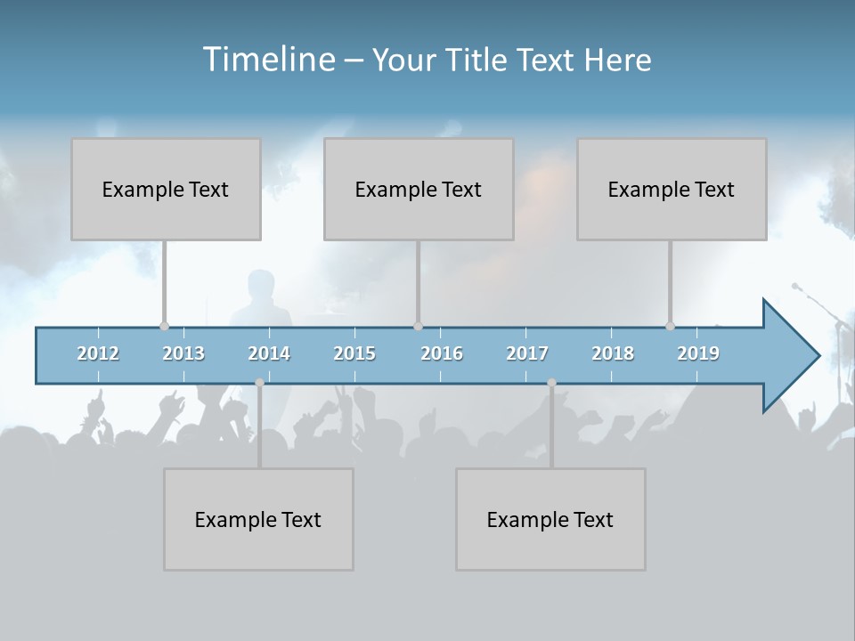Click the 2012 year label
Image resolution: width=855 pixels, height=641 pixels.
[x=98, y=353]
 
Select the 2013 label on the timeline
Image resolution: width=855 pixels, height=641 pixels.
[x=183, y=353]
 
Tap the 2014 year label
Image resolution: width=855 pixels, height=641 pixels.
[x=269, y=353]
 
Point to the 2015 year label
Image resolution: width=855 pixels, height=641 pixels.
[x=354, y=353]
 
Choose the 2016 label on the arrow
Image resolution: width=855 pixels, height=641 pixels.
[x=442, y=353]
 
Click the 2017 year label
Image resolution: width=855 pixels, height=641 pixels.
[x=527, y=353]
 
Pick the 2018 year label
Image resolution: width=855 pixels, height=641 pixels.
[x=613, y=353]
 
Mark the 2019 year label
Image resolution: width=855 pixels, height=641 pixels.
[x=698, y=353]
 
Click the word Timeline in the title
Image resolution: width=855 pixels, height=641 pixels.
[x=267, y=60]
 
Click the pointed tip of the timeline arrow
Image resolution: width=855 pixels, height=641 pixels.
[x=817, y=356]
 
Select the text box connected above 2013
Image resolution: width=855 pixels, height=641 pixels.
[x=166, y=189]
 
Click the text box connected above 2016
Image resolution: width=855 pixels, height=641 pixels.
[x=419, y=189]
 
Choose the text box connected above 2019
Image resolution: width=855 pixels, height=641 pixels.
[x=672, y=189]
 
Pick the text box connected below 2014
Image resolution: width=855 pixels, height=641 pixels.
[x=258, y=519]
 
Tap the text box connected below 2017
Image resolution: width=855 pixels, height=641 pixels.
[x=550, y=519]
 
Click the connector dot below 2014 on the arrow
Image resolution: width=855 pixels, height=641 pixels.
[x=259, y=383]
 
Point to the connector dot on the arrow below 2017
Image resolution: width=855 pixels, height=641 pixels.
[x=551, y=383]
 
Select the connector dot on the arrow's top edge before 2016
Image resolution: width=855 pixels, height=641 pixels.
[x=418, y=327]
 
